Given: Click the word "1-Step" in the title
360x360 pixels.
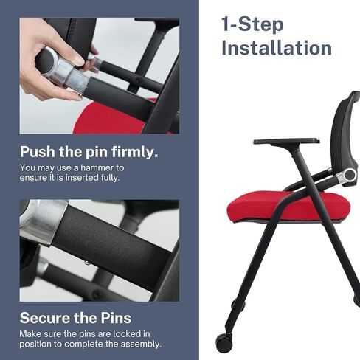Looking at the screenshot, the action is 252,24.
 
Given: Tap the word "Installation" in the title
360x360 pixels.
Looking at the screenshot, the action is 277,48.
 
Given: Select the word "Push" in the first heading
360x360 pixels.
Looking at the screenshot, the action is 38,152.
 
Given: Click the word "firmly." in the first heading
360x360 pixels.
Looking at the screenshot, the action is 134,152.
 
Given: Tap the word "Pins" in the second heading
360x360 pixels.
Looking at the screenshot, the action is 116,318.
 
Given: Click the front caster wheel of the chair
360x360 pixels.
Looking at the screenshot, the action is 224,342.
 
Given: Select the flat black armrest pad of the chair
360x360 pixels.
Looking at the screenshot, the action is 286,142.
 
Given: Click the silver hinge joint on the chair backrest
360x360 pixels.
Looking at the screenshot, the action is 346,175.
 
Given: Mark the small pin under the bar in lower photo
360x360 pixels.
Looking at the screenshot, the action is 87,263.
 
